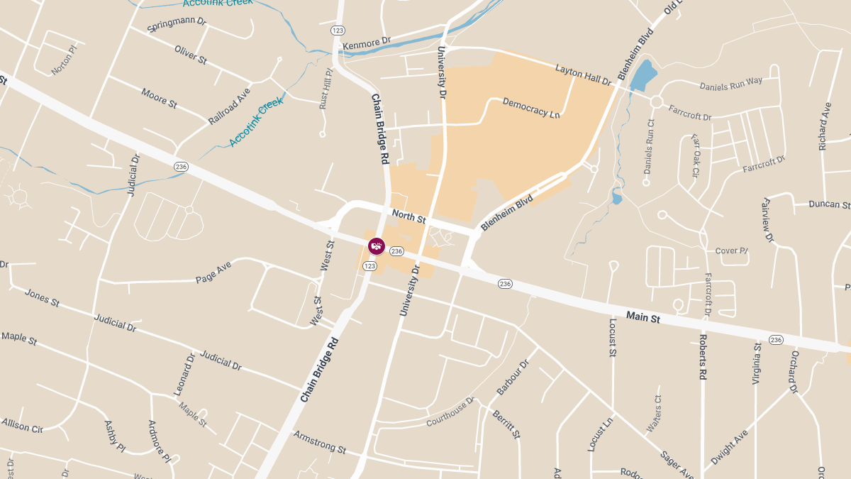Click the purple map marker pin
(x=377, y=246)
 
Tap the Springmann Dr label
(x=176, y=24)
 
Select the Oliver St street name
(x=190, y=55)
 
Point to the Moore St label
(x=159, y=97)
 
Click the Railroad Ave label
(x=229, y=106)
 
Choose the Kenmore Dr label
(x=367, y=44)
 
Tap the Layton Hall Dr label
(x=584, y=75)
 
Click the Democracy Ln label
(x=531, y=108)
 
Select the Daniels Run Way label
(x=730, y=83)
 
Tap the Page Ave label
(x=213, y=272)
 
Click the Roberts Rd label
(x=703, y=357)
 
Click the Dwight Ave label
(x=730, y=446)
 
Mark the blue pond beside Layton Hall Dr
(x=642, y=75)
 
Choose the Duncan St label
(x=829, y=205)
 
